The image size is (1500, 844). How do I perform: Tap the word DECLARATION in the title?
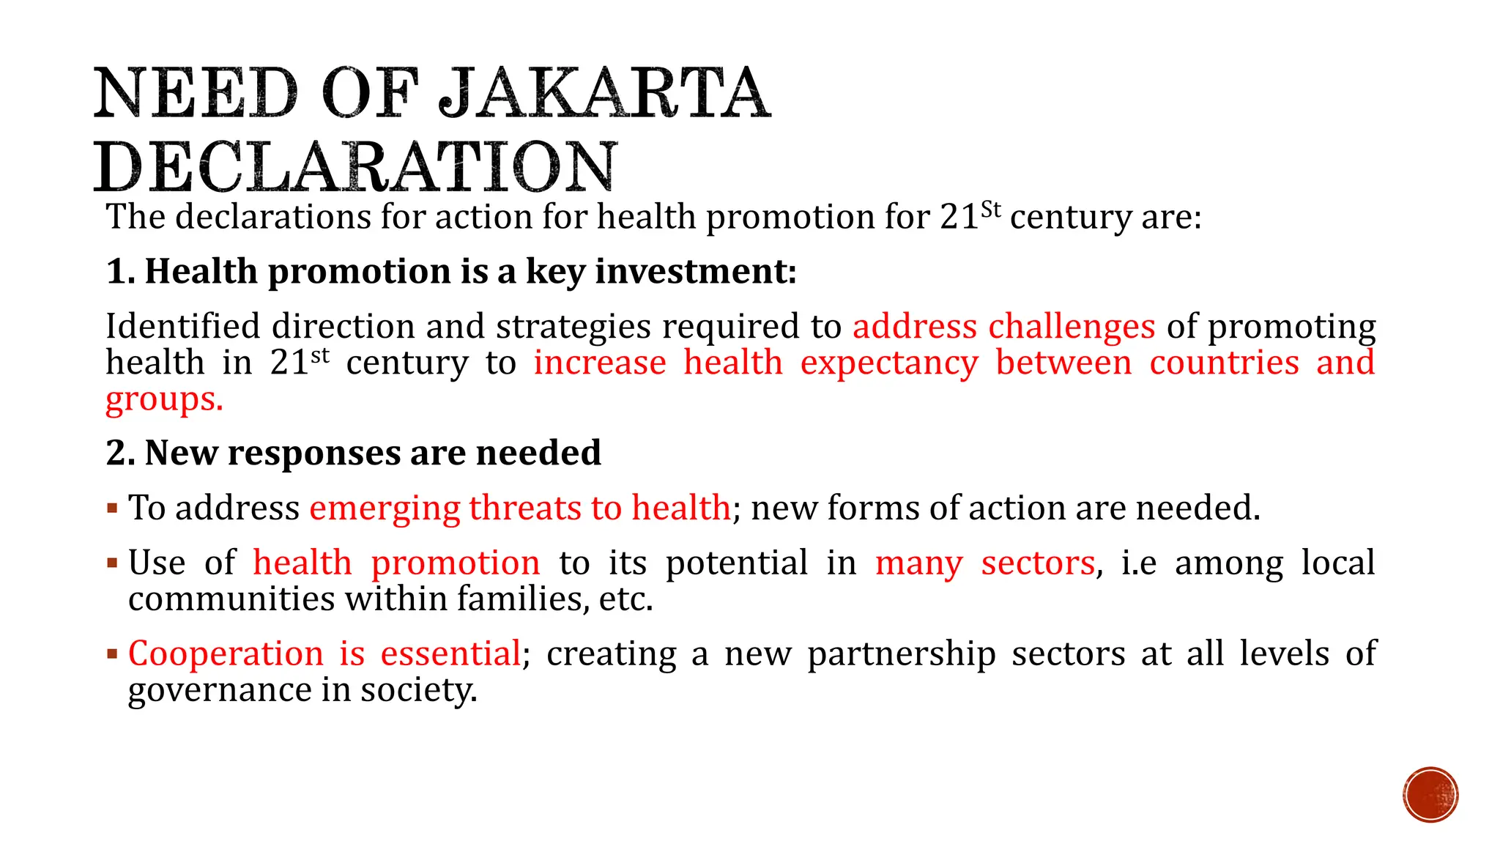coord(356,167)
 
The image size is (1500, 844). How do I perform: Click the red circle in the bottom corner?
coord(1430,795)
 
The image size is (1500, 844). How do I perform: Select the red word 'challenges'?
coord(1072,327)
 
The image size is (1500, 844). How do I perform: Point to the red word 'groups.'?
coord(164,400)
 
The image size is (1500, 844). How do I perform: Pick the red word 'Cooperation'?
coord(226,654)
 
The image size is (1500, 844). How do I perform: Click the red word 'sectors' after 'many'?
coord(1038,563)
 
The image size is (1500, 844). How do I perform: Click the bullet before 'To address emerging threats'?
coord(112,508)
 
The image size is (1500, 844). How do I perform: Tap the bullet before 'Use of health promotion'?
coord(112,563)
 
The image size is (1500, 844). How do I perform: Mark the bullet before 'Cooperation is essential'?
coord(112,654)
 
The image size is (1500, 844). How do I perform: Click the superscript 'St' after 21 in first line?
coord(990,210)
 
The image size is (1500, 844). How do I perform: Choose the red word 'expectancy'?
coord(889,363)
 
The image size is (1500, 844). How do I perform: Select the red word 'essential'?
coord(450,654)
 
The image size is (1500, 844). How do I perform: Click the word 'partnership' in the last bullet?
coord(902,654)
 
